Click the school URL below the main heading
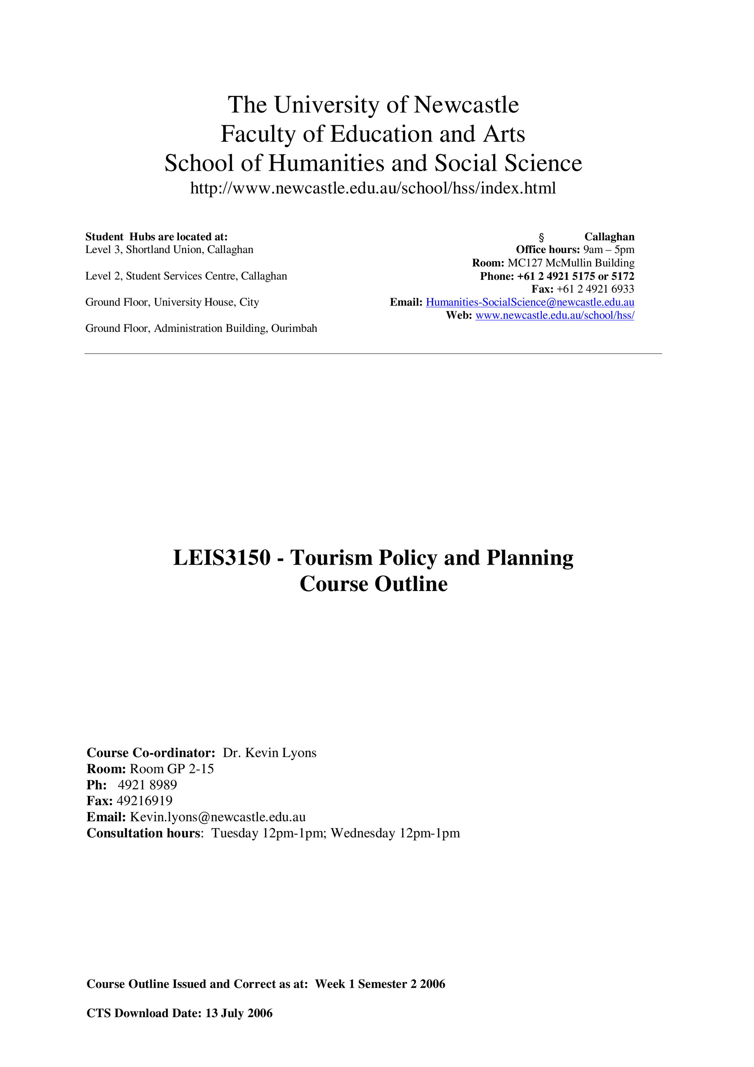click(x=373, y=188)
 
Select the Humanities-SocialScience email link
click(x=530, y=302)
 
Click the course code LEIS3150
click(x=222, y=558)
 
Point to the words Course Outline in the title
click(x=374, y=584)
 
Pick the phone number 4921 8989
click(x=147, y=785)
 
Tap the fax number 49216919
click(x=144, y=801)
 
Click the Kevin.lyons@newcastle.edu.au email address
click(x=218, y=817)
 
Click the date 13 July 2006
click(x=239, y=1013)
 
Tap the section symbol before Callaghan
click(x=541, y=237)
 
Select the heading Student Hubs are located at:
click(x=156, y=237)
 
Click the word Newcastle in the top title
click(x=466, y=104)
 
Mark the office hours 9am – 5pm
click(x=608, y=250)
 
